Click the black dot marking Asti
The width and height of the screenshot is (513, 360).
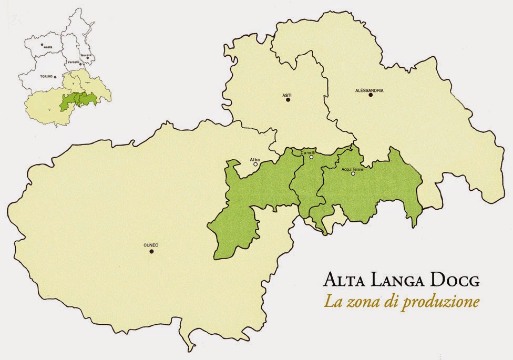[288, 99]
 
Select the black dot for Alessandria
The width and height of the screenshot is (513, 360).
[370, 95]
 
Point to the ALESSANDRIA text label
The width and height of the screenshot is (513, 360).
[369, 90]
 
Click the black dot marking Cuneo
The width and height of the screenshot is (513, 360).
[151, 252]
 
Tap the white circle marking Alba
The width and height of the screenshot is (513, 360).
[255, 164]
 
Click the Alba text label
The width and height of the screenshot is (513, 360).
[255, 158]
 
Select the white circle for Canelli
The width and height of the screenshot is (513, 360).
[311, 157]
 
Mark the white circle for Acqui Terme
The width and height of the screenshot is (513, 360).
[353, 173]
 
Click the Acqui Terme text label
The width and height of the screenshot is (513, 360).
[352, 169]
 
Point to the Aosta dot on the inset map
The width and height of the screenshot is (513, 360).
[45, 44]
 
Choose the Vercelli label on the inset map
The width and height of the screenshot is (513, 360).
[73, 62]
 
